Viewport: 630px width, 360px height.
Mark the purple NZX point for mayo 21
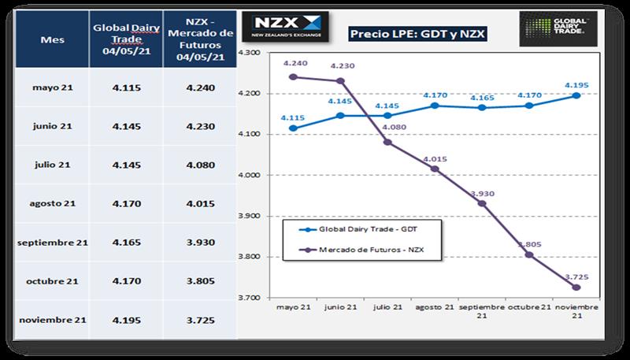pos(293,77)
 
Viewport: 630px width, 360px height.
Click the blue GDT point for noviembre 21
pos(576,95)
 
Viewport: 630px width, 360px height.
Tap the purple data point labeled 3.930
pos(482,203)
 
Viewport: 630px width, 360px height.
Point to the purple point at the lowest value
pos(576,288)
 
